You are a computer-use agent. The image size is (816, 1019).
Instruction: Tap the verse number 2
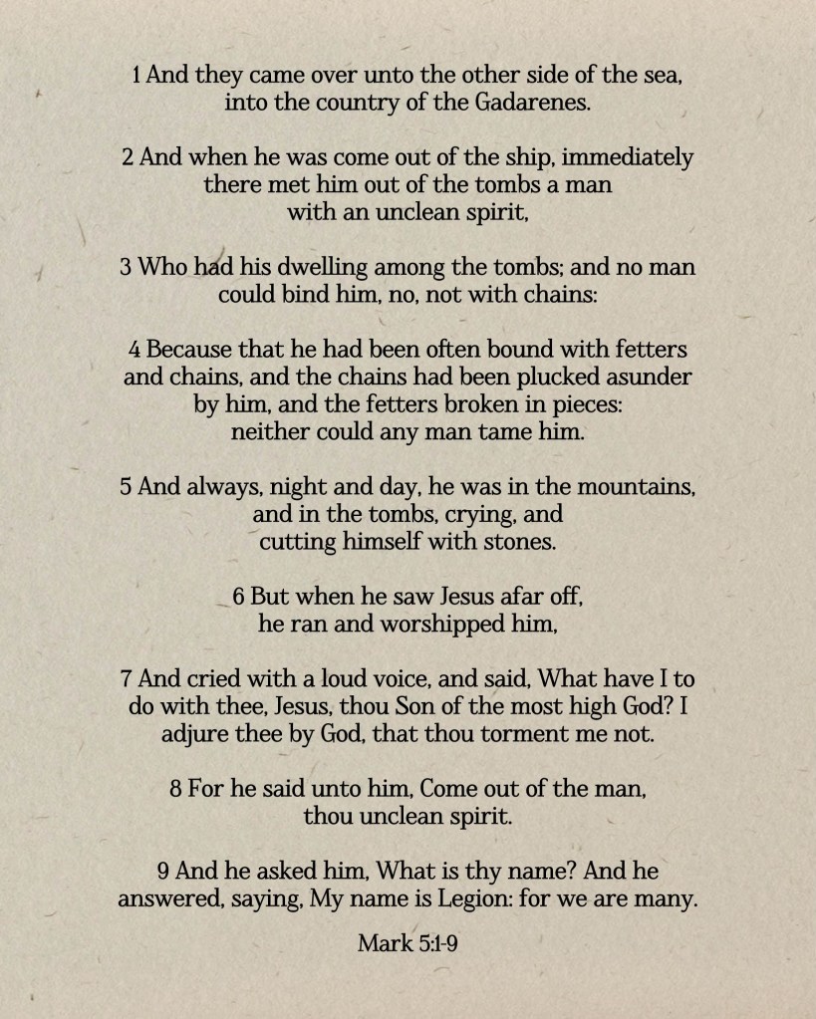[x=128, y=157]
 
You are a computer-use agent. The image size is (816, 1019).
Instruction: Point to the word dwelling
[x=299, y=267]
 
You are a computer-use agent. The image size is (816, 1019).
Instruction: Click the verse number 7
[x=127, y=679]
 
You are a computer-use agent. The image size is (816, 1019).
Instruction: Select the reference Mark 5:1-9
[x=408, y=942]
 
